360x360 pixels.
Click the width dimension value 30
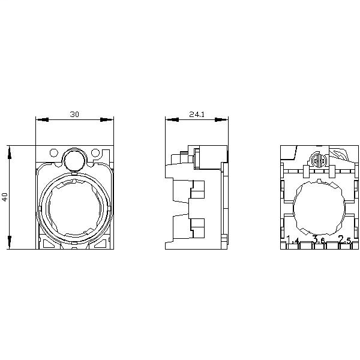coord(74,114)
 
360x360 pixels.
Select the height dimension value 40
coord(5,197)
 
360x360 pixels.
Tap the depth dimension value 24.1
coord(197,114)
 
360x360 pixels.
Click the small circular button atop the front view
coord(74,159)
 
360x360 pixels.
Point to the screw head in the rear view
coord(320,161)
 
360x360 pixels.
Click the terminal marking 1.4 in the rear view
coord(293,241)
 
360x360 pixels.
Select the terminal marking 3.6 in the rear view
coord(319,241)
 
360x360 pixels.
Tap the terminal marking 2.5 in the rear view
coord(345,241)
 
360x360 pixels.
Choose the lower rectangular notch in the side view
coord(197,226)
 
